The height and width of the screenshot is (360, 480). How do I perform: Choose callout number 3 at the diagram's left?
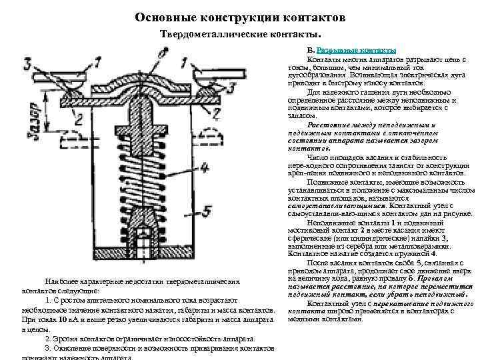26,64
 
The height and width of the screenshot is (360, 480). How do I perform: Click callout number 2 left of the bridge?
79,119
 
